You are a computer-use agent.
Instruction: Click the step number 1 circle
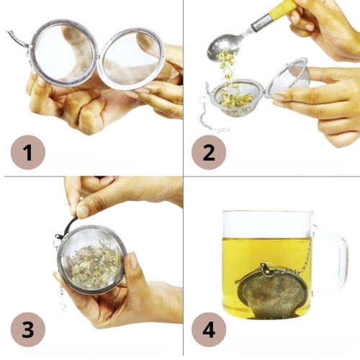[x=28, y=152]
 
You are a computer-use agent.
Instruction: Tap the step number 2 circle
[x=209, y=152]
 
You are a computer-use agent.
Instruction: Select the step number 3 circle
[x=28, y=330]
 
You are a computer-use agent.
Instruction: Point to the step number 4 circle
[x=209, y=330]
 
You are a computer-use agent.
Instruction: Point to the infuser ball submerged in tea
[x=272, y=292]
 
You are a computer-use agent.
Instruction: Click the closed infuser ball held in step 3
[x=91, y=260]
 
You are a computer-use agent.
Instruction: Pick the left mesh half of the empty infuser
[x=63, y=53]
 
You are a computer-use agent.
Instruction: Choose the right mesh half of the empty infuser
[x=132, y=59]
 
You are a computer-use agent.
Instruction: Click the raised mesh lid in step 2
[x=288, y=77]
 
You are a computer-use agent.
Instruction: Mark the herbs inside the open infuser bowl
[x=236, y=99]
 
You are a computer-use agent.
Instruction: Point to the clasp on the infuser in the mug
[x=266, y=269]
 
